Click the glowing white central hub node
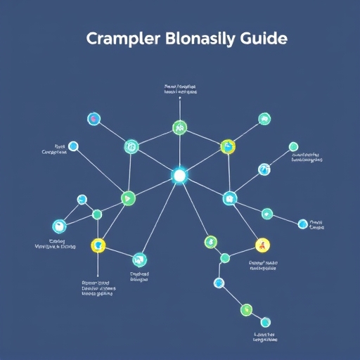pyautogui.click(x=179, y=175)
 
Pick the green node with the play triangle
pyautogui.click(x=127, y=199)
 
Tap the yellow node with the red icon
pyautogui.click(x=262, y=245)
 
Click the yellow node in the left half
pyautogui.click(x=98, y=245)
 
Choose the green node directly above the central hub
pyautogui.click(x=179, y=128)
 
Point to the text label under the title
pyautogui.click(x=179, y=89)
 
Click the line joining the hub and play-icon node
pyautogui.click(x=153, y=187)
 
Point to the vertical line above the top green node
pyautogui.click(x=179, y=109)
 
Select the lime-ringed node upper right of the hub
pyautogui.click(x=227, y=146)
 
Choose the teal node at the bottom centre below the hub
pyautogui.click(x=139, y=259)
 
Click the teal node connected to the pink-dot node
pyautogui.click(x=131, y=147)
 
